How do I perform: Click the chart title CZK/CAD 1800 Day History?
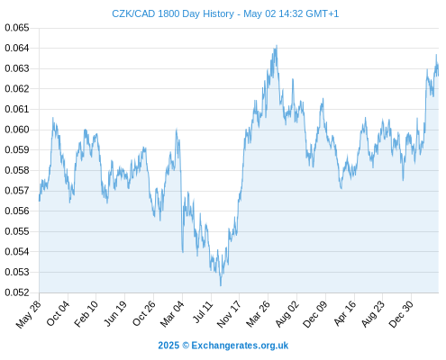click(x=173, y=13)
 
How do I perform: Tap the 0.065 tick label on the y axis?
click(x=17, y=28)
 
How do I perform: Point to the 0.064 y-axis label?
click(x=17, y=48)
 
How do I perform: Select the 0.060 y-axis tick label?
click(x=17, y=130)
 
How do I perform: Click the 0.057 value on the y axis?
click(x=17, y=191)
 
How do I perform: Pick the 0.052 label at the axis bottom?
click(x=17, y=292)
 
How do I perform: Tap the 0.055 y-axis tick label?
click(x=17, y=231)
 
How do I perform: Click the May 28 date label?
click(x=28, y=314)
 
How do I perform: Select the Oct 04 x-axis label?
click(x=58, y=313)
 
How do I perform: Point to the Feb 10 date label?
click(x=86, y=313)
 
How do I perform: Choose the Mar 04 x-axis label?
click(x=172, y=313)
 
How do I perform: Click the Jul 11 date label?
click(x=203, y=311)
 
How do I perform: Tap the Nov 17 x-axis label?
click(x=229, y=314)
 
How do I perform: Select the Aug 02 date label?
click(x=287, y=313)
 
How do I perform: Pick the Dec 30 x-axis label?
click(x=401, y=314)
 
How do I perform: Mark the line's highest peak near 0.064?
click(x=277, y=46)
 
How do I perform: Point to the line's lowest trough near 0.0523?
click(x=221, y=285)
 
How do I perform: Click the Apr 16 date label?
click(x=345, y=313)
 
